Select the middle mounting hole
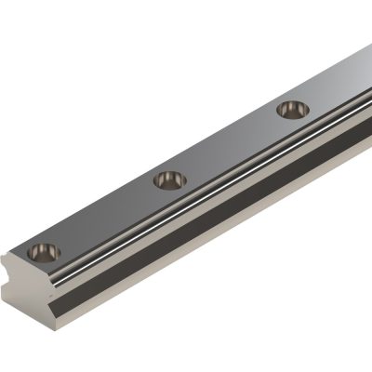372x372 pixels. pyautogui.click(x=169, y=178)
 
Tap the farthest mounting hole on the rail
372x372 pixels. pyautogui.click(x=292, y=109)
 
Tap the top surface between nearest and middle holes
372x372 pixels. pyautogui.click(x=107, y=214)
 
